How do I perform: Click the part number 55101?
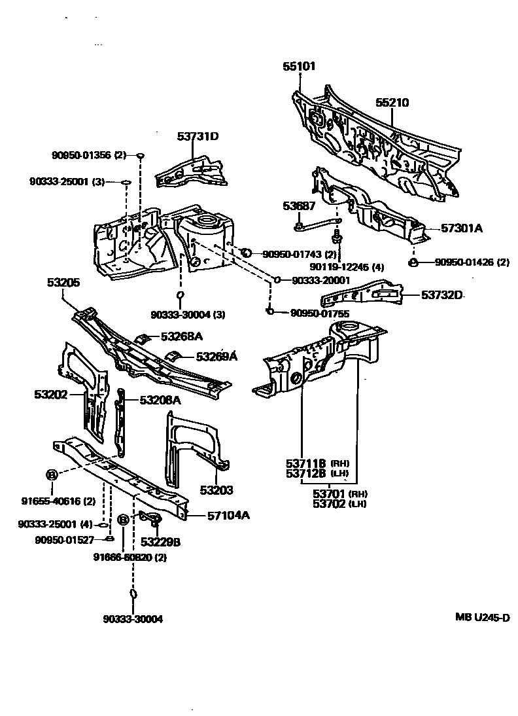299,66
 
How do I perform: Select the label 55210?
392,103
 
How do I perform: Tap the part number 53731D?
198,136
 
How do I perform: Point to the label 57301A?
461,228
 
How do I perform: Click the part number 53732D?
441,295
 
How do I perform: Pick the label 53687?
299,206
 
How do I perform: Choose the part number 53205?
63,283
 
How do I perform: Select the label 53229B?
160,542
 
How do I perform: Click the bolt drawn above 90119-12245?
337,233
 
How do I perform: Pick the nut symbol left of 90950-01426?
413,263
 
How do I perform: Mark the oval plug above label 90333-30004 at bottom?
133,594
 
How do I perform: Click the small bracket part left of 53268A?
140,339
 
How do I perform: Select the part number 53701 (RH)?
330,493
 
